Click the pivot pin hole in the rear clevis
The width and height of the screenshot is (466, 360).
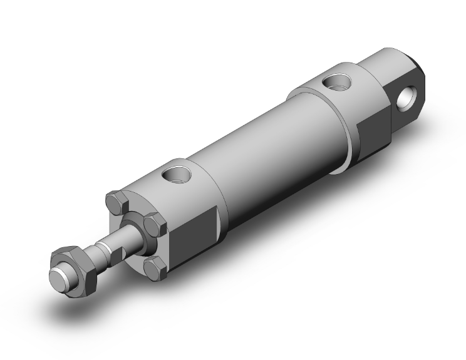[x=412, y=97]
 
